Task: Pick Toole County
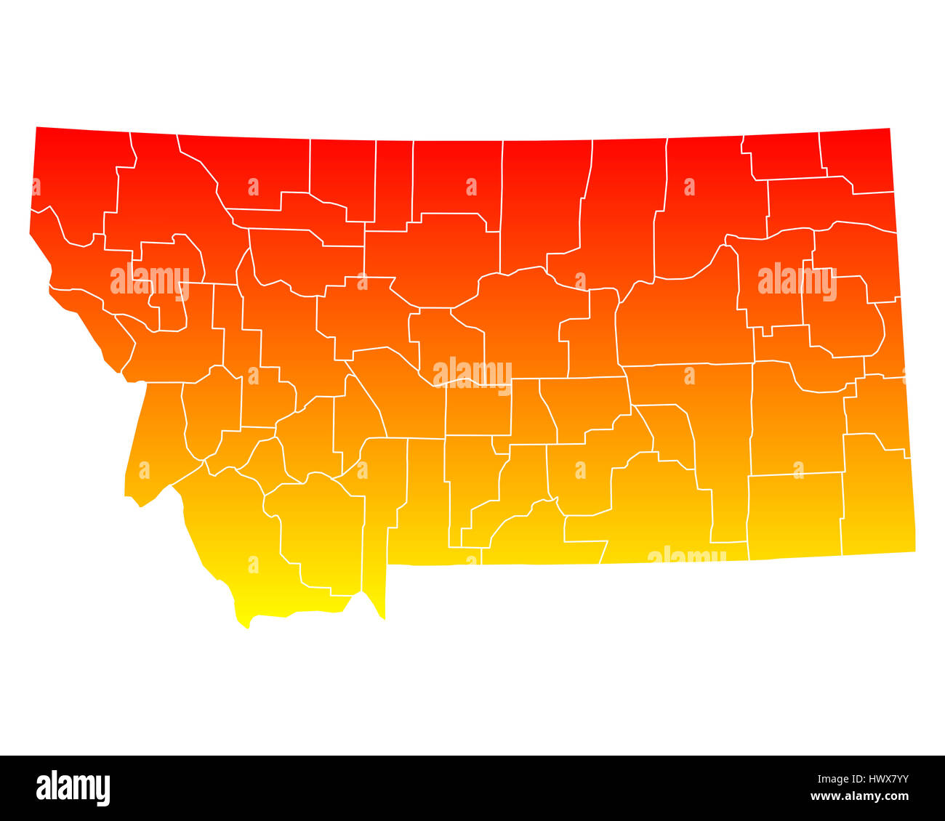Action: pyautogui.click(x=342, y=174)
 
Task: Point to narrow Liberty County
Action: pyautogui.click(x=393, y=182)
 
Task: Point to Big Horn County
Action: pyautogui.click(x=654, y=509)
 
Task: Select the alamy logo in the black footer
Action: pyautogui.click(x=73, y=788)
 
